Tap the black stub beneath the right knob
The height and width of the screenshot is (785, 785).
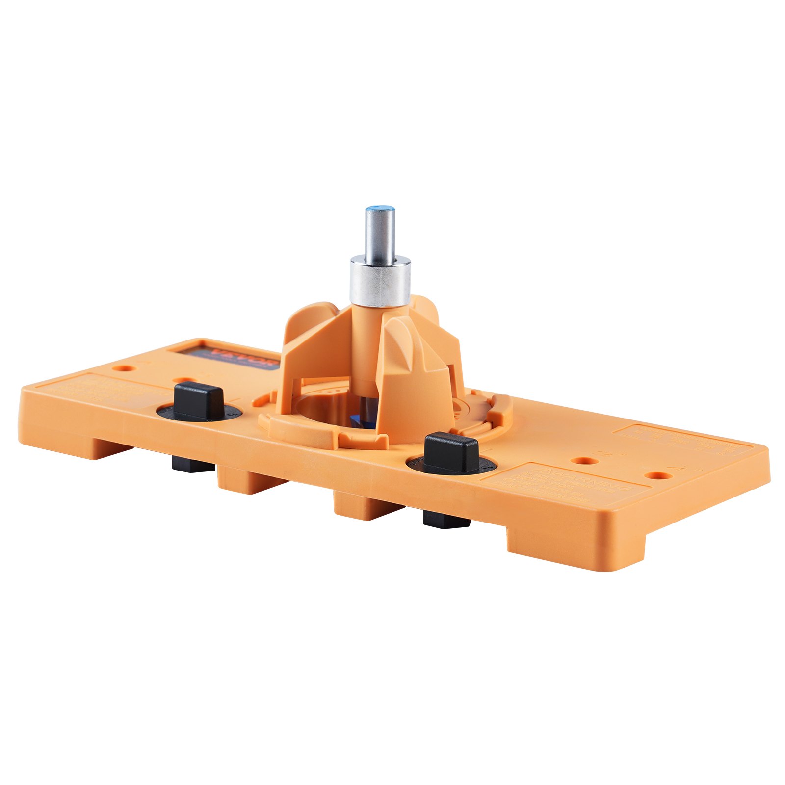tap(445, 519)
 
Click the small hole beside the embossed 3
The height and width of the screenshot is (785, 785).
tap(584, 461)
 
